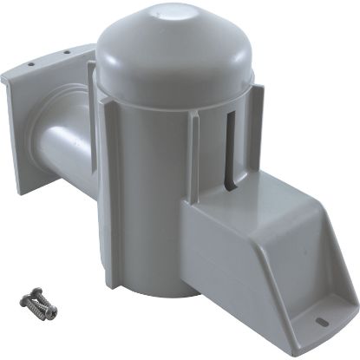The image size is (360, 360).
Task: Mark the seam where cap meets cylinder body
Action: point(173,89)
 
